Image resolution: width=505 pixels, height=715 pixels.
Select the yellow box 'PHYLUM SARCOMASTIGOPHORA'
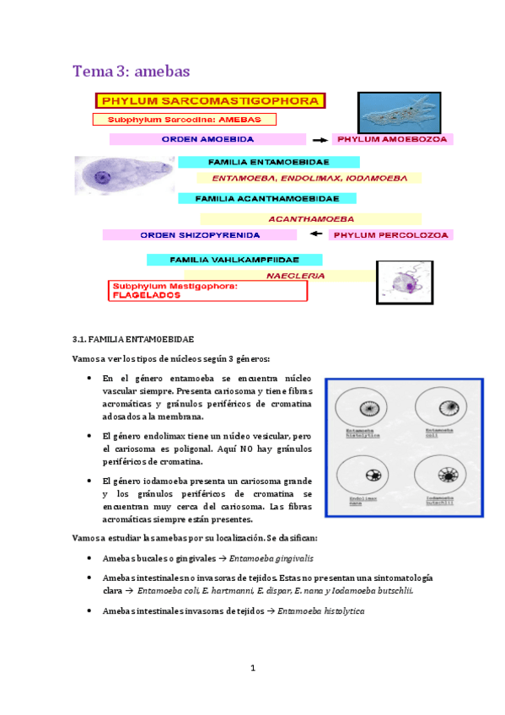tap(210, 101)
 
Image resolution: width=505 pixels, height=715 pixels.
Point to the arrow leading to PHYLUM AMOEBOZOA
tap(320, 139)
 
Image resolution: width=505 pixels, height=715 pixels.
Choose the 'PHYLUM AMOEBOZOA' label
tap(392, 139)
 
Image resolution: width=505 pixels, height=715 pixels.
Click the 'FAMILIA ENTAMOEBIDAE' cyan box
tap(269, 161)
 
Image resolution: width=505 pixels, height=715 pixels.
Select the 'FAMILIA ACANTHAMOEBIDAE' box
tap(266, 199)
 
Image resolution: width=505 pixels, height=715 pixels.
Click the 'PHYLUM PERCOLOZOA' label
tap(391, 235)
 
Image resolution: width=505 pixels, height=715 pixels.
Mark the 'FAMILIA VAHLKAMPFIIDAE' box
tap(234, 260)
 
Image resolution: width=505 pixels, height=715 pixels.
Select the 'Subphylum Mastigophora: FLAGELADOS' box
tap(208, 291)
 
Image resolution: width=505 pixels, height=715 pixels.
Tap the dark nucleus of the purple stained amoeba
tap(102, 178)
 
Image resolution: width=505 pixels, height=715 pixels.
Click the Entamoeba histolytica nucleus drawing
tap(368, 409)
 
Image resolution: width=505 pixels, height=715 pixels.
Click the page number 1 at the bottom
tap(252, 669)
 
